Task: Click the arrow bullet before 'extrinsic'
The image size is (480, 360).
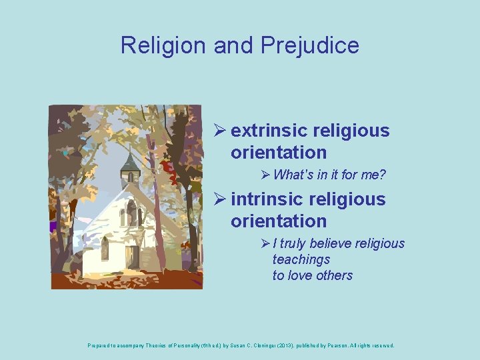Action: point(220,131)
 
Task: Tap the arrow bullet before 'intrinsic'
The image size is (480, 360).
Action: point(220,199)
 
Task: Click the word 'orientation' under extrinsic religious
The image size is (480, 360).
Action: point(279,153)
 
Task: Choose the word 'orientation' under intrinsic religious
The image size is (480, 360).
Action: point(279,221)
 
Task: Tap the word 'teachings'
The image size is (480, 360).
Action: point(301,259)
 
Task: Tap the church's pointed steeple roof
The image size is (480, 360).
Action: point(131,160)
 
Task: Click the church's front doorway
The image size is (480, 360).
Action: point(133,256)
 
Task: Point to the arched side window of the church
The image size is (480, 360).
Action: point(105,248)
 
